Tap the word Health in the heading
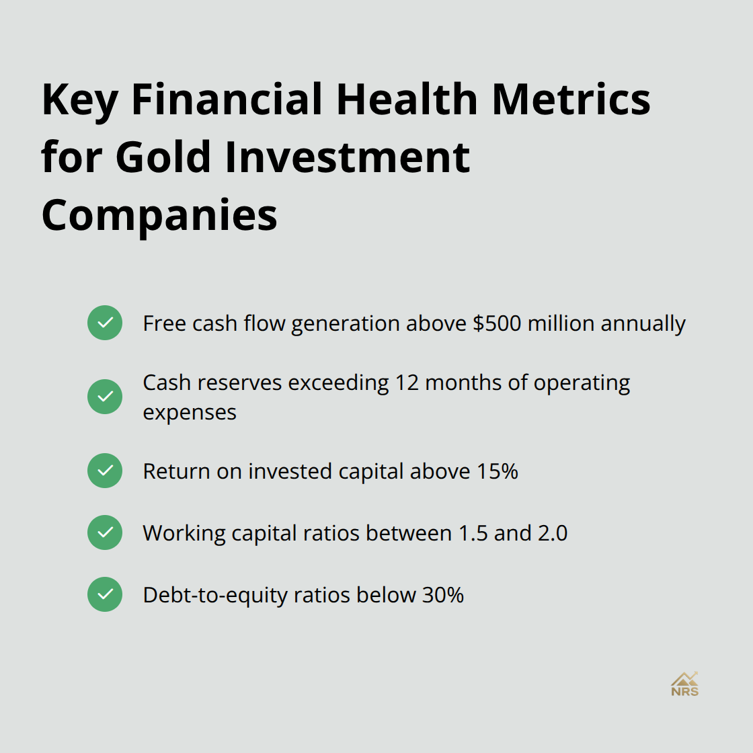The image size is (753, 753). (x=406, y=100)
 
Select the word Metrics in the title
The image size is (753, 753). (x=571, y=100)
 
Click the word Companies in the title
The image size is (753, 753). (x=159, y=215)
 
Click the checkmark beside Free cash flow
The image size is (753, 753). (x=105, y=323)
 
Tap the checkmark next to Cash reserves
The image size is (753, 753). (x=105, y=397)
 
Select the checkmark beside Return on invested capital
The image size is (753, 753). (x=105, y=471)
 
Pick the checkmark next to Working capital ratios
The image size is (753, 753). (x=105, y=532)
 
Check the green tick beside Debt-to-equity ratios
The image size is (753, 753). (x=105, y=594)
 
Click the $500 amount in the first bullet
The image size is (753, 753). (x=497, y=323)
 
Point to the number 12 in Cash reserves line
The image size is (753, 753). (x=407, y=383)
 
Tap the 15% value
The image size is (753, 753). (x=498, y=471)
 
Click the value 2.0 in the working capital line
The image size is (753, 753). (x=552, y=533)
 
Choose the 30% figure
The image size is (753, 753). (x=443, y=595)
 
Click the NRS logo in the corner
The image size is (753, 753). (x=684, y=684)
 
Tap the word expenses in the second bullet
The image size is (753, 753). (x=190, y=412)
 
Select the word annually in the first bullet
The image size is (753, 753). (x=643, y=324)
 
